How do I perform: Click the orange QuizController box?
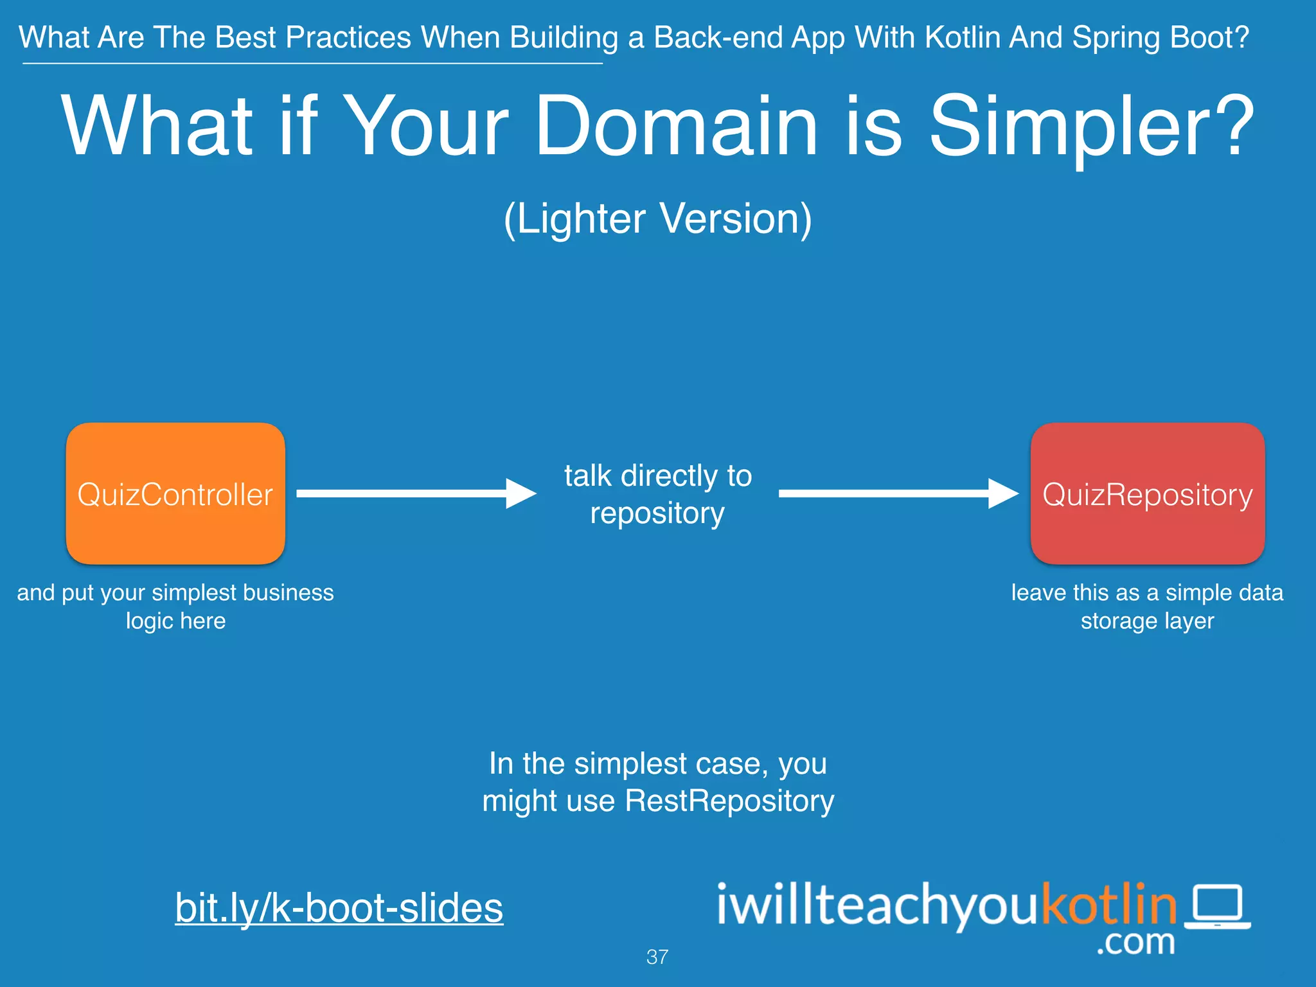click(175, 493)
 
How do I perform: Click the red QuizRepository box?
click(1148, 493)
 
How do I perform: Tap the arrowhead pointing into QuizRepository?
click(1002, 493)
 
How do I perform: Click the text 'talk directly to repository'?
click(657, 494)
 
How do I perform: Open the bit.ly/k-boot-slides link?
click(339, 907)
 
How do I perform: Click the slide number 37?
click(657, 957)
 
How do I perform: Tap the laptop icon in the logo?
click(1217, 906)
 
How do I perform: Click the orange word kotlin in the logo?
click(1108, 904)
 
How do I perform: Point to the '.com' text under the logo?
click(1135, 943)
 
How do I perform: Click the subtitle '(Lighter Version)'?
click(657, 218)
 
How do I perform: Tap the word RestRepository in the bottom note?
click(729, 801)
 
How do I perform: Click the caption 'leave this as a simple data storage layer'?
click(1147, 606)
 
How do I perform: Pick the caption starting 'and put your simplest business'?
click(175, 606)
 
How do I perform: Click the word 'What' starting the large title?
click(157, 126)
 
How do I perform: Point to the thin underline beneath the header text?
click(312, 63)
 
